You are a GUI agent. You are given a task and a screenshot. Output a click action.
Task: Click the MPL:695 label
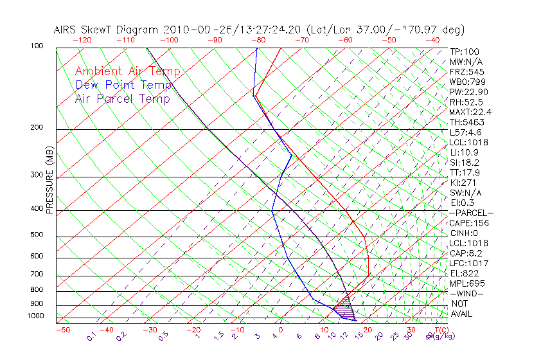click(x=467, y=283)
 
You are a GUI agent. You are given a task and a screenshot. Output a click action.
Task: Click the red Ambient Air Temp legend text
click(x=128, y=71)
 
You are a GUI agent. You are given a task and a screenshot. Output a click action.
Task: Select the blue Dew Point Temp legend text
click(x=123, y=85)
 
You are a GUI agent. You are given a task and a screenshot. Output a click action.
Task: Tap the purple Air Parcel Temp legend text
click(x=123, y=98)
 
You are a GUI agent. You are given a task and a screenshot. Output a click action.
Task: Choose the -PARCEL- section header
click(x=471, y=213)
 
